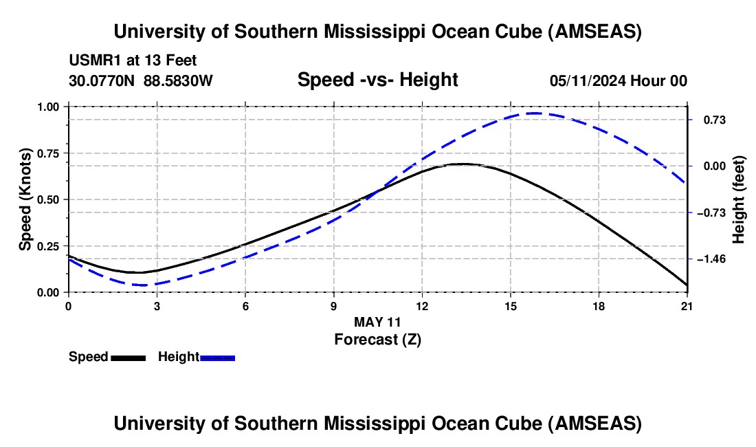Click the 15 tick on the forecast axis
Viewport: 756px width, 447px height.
tap(510, 305)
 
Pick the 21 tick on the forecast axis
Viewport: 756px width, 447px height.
tap(687, 305)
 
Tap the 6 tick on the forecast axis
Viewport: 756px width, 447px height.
tap(245, 305)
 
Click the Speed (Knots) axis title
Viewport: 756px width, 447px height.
tap(25, 199)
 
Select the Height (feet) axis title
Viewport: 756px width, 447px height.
tap(740, 199)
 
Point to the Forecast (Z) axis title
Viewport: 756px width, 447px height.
tap(377, 339)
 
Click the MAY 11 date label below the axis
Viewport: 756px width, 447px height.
tap(377, 322)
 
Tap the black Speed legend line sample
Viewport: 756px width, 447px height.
tap(129, 357)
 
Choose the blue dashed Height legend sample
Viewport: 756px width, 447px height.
tap(218, 357)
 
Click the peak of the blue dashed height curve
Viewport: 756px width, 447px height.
tap(535, 113)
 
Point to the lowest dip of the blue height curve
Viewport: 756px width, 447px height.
tap(148, 285)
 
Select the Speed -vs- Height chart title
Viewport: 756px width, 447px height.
tap(377, 80)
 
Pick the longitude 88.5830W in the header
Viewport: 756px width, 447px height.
tap(178, 80)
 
